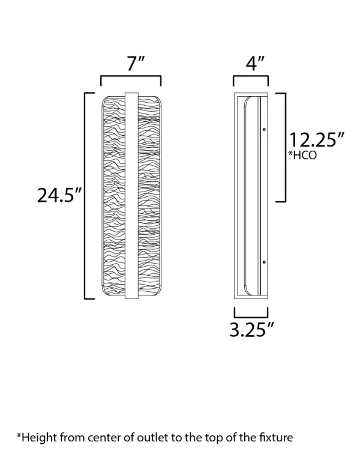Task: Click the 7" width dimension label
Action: point(131,64)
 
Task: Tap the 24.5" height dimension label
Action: point(59,195)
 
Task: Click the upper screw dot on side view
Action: point(263,129)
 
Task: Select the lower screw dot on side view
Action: point(263,262)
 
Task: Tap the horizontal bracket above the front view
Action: point(131,79)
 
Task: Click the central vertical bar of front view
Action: point(131,195)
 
